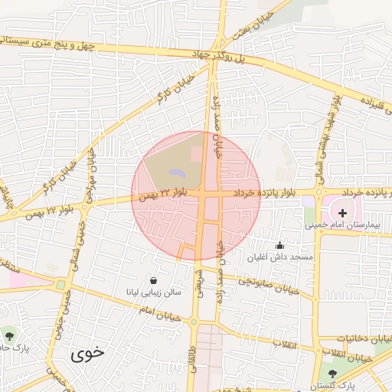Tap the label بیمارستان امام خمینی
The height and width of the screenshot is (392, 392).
click(341, 226)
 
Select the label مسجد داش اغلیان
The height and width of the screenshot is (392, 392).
click(279, 257)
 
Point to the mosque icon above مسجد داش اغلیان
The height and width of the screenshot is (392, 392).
click(279, 246)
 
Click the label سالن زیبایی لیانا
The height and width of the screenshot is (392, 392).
click(154, 292)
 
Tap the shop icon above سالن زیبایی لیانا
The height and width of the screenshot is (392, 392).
click(155, 280)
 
